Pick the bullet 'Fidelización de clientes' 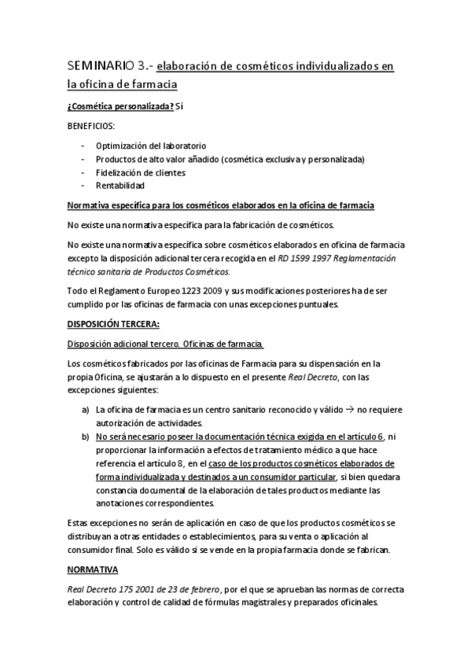[x=140, y=172]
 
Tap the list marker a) [x=85, y=410]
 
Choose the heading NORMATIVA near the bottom [x=92, y=568]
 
